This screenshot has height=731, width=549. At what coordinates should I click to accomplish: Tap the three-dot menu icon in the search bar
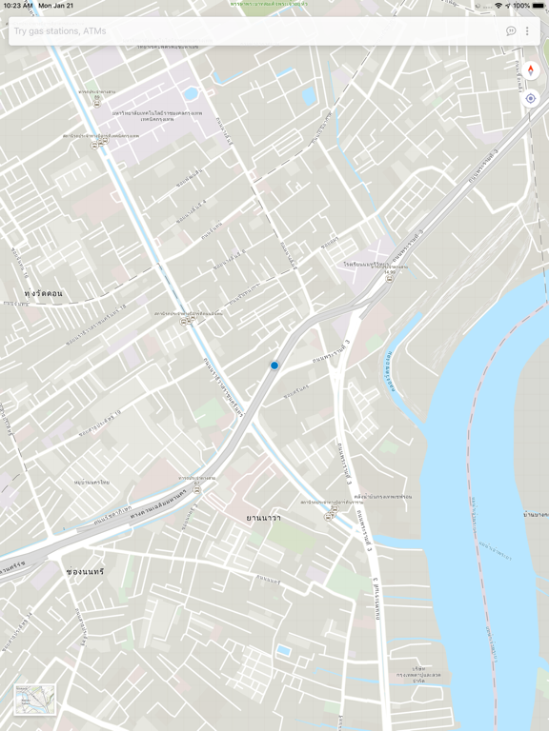point(527,31)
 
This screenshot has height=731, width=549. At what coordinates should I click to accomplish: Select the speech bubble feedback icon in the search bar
point(511,31)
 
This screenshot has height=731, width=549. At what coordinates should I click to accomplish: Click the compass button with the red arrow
point(531,70)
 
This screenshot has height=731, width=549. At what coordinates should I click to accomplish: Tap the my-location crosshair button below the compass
point(531,98)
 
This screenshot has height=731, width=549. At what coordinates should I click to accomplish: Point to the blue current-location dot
point(274,365)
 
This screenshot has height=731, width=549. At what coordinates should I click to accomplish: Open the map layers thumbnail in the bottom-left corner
point(35,700)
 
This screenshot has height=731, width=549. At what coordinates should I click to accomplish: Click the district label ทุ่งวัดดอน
point(44,293)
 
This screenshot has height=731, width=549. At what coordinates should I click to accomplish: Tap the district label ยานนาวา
point(264,517)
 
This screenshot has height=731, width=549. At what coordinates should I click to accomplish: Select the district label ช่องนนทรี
point(85,571)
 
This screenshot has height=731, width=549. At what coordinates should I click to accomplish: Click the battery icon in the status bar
point(539,6)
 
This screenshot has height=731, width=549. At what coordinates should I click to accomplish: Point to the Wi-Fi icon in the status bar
point(498,6)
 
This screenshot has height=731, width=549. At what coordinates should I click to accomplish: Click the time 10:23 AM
point(17,6)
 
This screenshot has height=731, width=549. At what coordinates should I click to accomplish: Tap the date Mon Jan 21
point(55,6)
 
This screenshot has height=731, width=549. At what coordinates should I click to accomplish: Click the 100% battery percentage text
point(520,6)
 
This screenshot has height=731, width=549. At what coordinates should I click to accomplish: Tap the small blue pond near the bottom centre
point(284,651)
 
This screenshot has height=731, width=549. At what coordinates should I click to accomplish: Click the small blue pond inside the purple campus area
point(191,94)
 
